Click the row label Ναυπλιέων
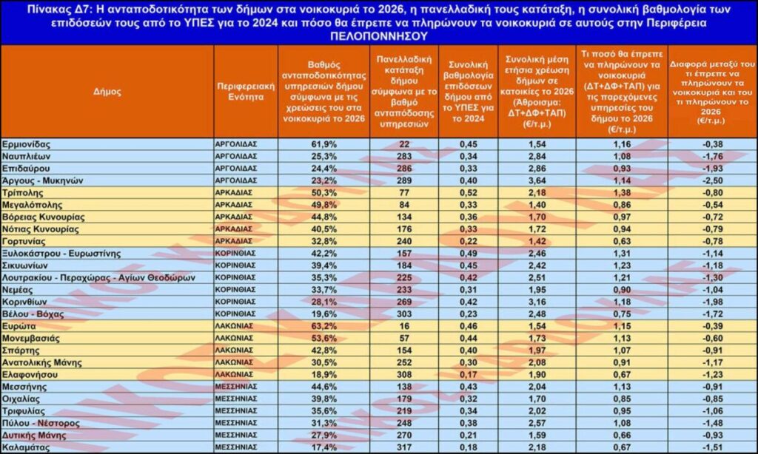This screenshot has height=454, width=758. click(26, 156)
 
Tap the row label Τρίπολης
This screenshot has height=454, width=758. click(22, 192)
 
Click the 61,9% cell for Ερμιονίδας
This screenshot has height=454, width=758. click(323, 143)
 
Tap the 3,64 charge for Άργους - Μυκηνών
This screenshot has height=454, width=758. click(537, 180)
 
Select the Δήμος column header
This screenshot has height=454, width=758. click(107, 92)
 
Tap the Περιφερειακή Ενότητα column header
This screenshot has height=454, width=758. click(245, 92)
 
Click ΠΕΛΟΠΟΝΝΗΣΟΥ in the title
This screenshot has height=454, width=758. click(378, 35)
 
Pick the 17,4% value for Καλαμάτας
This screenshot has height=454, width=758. click(323, 447)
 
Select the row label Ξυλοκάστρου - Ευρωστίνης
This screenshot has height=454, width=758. click(61, 253)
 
